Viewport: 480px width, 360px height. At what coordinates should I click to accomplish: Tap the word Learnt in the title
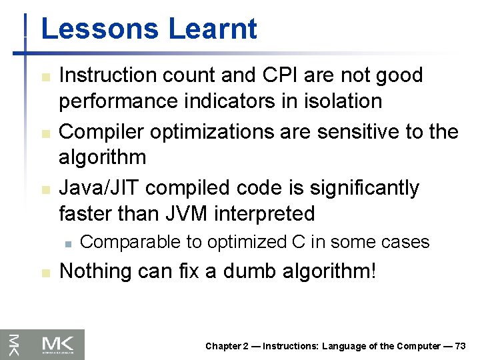(x=213, y=29)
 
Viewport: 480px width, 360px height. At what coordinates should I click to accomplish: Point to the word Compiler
(x=102, y=131)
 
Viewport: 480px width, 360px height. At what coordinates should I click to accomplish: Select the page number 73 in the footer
(x=460, y=346)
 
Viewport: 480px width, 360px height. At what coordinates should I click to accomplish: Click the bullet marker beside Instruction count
(x=45, y=76)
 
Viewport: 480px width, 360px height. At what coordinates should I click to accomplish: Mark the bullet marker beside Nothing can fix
(x=45, y=273)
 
